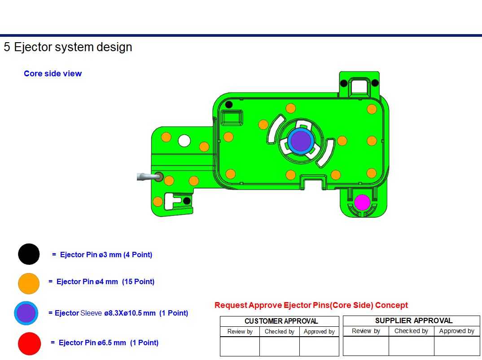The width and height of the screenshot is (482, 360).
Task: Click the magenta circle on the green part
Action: pos(362,202)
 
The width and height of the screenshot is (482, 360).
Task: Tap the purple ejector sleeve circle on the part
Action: pos(301,141)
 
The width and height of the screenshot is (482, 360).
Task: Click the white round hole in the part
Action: pos(184,141)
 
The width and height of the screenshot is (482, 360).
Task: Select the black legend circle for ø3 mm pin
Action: pos(29,254)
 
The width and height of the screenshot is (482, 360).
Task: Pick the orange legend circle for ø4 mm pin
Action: pos(29,283)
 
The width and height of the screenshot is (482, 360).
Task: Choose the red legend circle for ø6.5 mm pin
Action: pos(30,344)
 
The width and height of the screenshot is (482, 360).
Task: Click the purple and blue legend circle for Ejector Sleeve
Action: pos(26,313)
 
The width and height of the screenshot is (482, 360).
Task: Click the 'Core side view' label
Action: pos(53,74)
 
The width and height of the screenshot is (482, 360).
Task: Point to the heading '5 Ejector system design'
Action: pos(68,47)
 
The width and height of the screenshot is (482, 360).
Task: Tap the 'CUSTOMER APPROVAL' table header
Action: pos(281,321)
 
